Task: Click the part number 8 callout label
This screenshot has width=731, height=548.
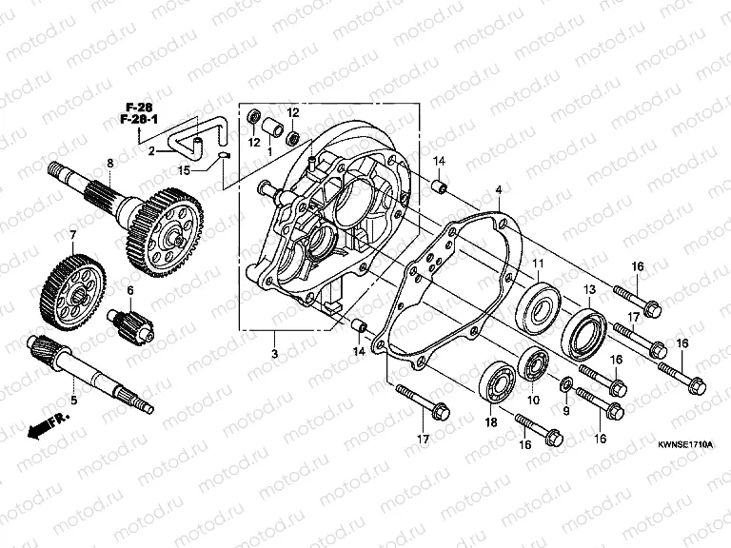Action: (x=109, y=164)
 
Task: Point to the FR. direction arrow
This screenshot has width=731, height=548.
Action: (x=45, y=424)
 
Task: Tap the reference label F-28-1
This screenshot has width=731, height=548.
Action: (x=141, y=120)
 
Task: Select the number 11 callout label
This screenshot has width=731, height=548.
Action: (x=537, y=264)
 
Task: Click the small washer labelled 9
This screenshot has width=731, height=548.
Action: (x=567, y=384)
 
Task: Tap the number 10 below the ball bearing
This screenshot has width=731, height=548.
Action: (x=533, y=401)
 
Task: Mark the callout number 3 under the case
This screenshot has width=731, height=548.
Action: (x=274, y=354)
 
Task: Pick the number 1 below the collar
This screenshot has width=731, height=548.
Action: (x=269, y=150)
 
